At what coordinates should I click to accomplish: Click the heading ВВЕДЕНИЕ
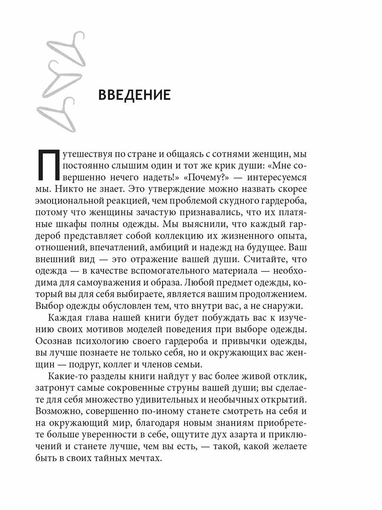(x=134, y=95)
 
